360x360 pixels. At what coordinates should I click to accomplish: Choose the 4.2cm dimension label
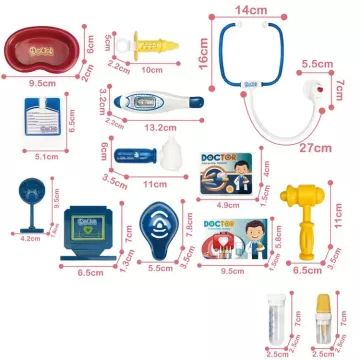click(x=31, y=239)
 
